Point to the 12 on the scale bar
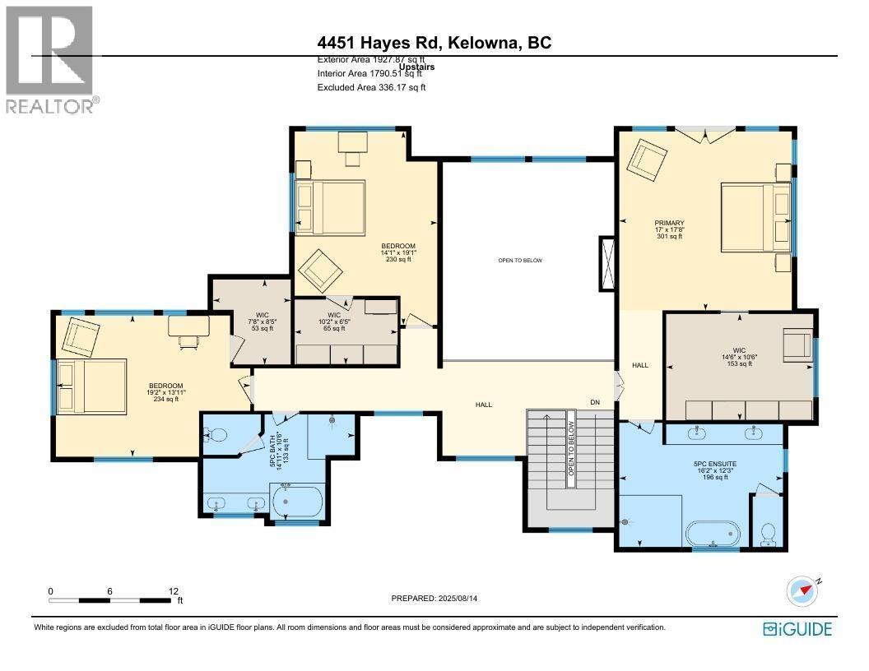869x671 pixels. [x=174, y=591]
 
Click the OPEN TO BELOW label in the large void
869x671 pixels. [x=520, y=261]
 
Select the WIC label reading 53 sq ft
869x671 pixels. [x=261, y=322]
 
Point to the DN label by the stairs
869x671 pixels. [x=595, y=402]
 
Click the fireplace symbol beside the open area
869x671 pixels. [x=607, y=263]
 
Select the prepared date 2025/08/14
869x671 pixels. [x=434, y=599]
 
